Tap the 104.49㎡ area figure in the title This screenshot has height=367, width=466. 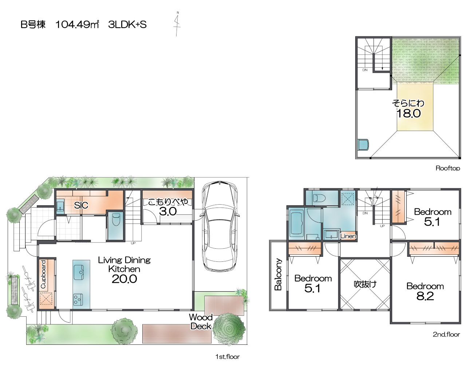[x=77, y=24]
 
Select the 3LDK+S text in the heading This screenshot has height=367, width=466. [x=127, y=24]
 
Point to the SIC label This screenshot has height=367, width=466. [x=81, y=205]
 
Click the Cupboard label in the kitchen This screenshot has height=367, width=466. [x=44, y=274]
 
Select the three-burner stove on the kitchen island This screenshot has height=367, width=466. [x=78, y=299]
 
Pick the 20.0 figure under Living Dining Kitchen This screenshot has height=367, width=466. [x=124, y=279]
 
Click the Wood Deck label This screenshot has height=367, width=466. [x=201, y=322]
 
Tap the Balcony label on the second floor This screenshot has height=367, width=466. [x=278, y=274]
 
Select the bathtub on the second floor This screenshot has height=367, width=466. [x=296, y=224]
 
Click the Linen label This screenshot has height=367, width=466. [x=348, y=236]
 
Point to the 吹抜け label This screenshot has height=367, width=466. [x=365, y=284]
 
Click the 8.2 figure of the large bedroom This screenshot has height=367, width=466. [x=425, y=296]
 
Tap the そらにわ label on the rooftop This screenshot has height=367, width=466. [x=408, y=103]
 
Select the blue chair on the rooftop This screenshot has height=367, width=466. [x=363, y=145]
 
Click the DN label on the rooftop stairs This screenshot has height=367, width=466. [x=365, y=70]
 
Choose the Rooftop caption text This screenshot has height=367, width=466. [x=448, y=168]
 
